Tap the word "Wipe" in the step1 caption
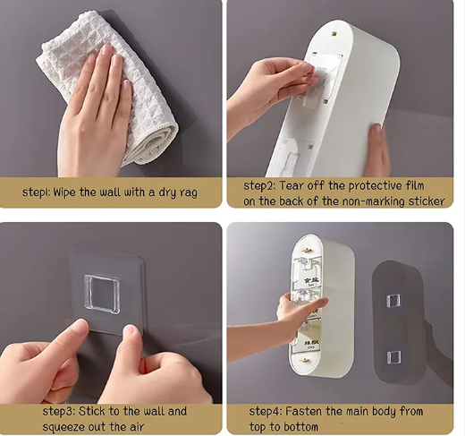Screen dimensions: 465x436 (x=64, y=192)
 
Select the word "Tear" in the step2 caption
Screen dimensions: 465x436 (x=291, y=185)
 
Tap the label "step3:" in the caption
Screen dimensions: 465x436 (x=59, y=412)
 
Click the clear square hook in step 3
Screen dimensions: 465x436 (x=102, y=295)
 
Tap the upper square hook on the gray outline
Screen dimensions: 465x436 (x=393, y=301)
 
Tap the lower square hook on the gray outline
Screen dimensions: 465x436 (x=393, y=357)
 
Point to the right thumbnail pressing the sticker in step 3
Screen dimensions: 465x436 (x=130, y=330)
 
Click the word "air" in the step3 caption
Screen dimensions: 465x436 (x=137, y=427)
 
